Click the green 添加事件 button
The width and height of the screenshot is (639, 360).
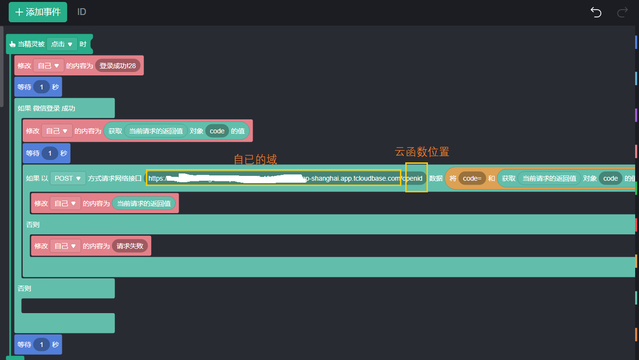[x=38, y=12]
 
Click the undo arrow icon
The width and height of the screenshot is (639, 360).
[x=596, y=12]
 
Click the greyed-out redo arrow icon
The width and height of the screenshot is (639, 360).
[x=623, y=12]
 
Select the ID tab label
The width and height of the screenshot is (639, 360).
[x=82, y=12]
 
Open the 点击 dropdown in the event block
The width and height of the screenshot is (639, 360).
[x=62, y=44]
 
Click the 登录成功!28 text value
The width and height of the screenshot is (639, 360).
[x=117, y=66]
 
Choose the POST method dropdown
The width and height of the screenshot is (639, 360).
[x=67, y=178]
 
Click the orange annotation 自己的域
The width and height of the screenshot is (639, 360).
[x=255, y=159]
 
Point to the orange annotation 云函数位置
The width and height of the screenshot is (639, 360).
[x=422, y=152]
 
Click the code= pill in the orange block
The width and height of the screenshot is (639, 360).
[x=472, y=178]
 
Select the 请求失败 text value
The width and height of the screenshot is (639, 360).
[x=130, y=246]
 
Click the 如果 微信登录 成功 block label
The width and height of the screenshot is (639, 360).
[x=46, y=108]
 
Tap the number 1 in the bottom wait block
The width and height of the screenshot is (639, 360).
[x=42, y=345]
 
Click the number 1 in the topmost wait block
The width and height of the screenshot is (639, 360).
[x=42, y=87]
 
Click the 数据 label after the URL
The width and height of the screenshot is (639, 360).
[x=436, y=178]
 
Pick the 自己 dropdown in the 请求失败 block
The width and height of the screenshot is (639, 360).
[x=65, y=246]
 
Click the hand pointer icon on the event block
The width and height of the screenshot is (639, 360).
[x=13, y=44]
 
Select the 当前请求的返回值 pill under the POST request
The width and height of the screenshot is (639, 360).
[x=143, y=203]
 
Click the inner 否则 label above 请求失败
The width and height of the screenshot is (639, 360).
[x=33, y=225]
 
